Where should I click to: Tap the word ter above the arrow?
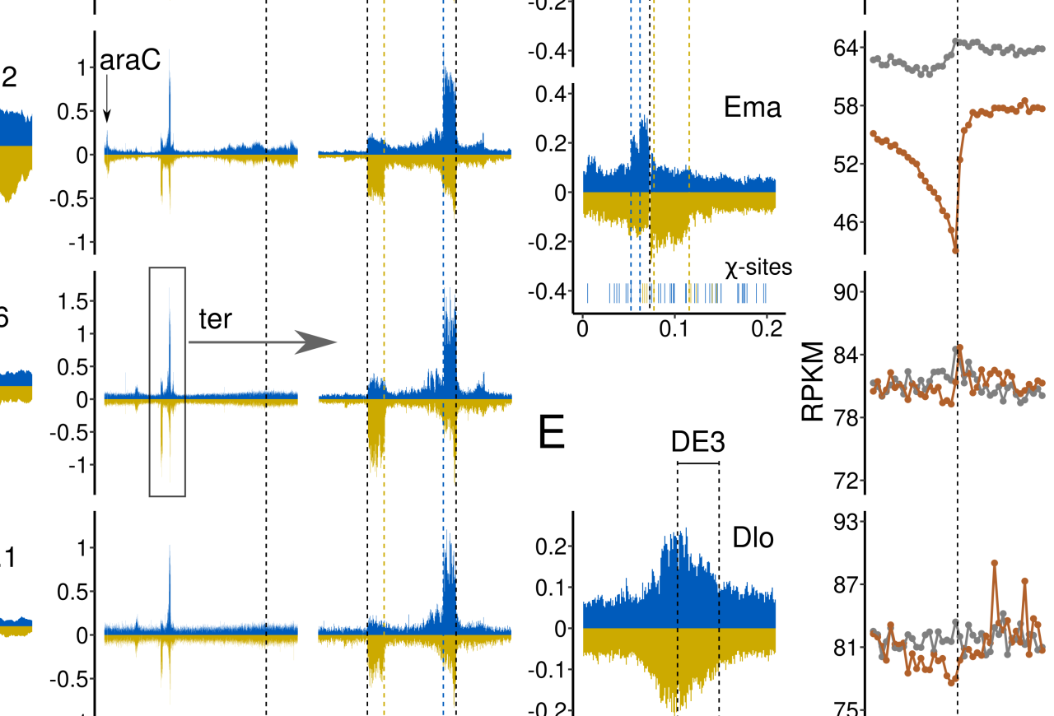tap(215, 319)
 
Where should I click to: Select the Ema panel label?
tap(753, 107)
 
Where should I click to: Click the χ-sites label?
tap(758, 267)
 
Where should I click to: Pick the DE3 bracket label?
tap(697, 443)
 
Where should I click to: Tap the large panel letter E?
tap(552, 434)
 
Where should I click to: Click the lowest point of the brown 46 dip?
tap(956, 250)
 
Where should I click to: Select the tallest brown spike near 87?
tap(995, 563)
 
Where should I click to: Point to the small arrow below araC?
tap(107, 99)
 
